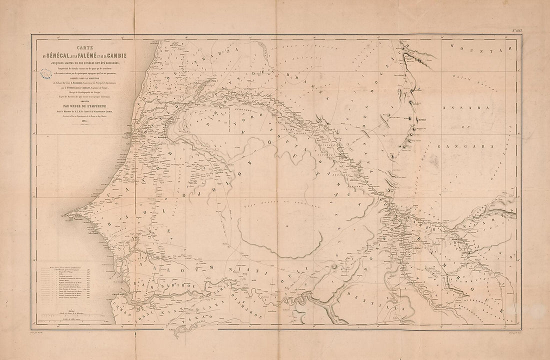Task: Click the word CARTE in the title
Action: pyautogui.click(x=91, y=44)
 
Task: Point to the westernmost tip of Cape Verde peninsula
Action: pyautogui.click(x=66, y=215)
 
